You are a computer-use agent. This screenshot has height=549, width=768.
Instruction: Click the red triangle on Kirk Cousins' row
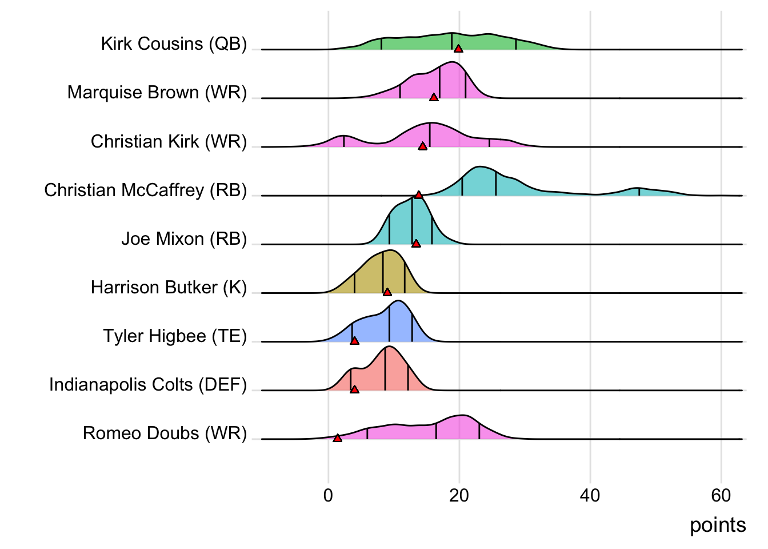tap(458, 49)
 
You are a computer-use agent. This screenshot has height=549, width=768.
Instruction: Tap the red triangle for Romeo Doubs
tap(337, 438)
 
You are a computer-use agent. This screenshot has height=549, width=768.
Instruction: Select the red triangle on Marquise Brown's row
tap(434, 97)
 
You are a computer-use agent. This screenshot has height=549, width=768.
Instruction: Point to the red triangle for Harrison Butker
tap(387, 292)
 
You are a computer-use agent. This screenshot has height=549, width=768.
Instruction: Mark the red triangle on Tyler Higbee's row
tap(354, 341)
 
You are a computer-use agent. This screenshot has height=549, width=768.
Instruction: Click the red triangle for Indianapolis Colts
tap(354, 389)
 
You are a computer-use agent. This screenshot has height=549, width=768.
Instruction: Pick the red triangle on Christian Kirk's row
tap(422, 146)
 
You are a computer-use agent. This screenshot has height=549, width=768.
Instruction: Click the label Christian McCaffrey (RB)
tap(146, 190)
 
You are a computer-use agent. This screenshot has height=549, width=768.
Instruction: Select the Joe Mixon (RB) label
tap(184, 238)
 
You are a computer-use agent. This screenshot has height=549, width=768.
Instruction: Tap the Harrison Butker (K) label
tap(169, 287)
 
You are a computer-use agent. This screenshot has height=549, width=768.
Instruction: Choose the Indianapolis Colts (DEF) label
tap(148, 384)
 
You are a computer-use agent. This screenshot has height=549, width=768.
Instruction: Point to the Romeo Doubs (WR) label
tap(165, 433)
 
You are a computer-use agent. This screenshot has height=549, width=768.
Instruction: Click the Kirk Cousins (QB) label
tap(174, 43)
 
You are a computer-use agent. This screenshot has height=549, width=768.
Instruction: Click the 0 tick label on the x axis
tap(328, 495)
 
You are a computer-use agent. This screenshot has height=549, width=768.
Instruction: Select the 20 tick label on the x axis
tap(459, 495)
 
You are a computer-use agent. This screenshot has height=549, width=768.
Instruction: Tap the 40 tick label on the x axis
tap(590, 495)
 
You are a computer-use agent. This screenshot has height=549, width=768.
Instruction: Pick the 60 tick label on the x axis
tap(721, 495)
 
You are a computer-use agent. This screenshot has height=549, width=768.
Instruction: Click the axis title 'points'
tap(718, 525)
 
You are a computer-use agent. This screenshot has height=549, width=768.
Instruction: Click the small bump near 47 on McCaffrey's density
tap(638, 191)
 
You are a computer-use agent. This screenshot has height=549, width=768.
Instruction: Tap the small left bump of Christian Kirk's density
tap(343, 141)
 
